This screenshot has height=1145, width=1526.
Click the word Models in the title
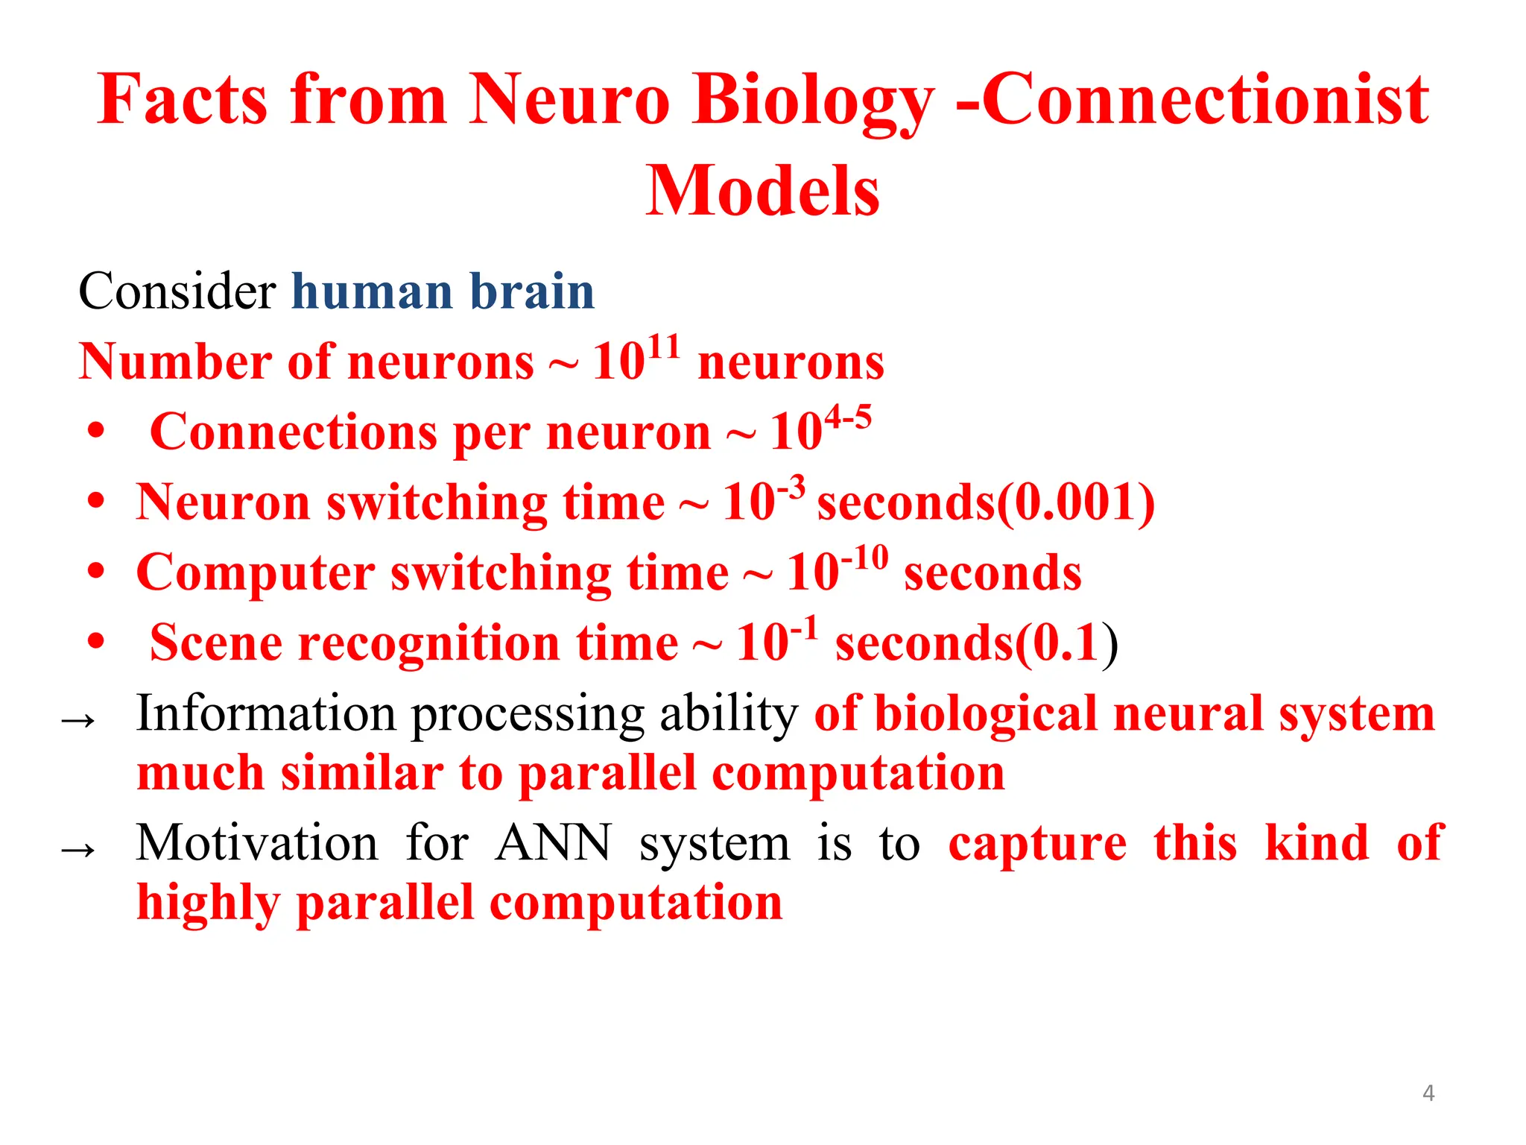(x=762, y=192)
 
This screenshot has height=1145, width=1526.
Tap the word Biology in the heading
(x=812, y=101)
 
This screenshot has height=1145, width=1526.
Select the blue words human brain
(x=443, y=291)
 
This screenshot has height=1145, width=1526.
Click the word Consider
(x=177, y=291)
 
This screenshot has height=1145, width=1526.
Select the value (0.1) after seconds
(x=1066, y=643)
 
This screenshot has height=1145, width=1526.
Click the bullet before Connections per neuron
(x=95, y=432)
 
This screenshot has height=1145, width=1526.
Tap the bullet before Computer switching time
(x=95, y=572)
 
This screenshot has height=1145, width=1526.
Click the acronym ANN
(x=553, y=844)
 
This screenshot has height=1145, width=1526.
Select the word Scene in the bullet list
(x=216, y=643)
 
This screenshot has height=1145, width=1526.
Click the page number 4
(x=1428, y=1093)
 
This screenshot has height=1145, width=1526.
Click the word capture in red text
(x=1037, y=845)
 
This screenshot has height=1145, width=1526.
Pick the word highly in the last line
(x=208, y=904)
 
